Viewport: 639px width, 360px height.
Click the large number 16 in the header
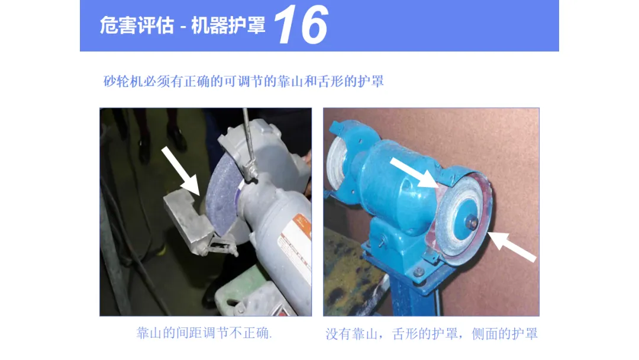pos(301,24)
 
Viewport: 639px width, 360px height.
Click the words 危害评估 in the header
pos(137,25)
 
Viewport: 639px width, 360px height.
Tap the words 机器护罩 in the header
pos(228,25)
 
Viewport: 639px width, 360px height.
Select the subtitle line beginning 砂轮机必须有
pos(244,81)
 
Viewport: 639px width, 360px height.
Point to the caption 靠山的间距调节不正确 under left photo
pos(204,333)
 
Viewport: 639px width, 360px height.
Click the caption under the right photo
pos(431,334)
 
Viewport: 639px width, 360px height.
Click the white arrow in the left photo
pos(180,171)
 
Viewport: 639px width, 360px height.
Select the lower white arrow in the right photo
pos(512,246)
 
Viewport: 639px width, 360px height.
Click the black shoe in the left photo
pos(177,137)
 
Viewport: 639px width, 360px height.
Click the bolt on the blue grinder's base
pos(418,272)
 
